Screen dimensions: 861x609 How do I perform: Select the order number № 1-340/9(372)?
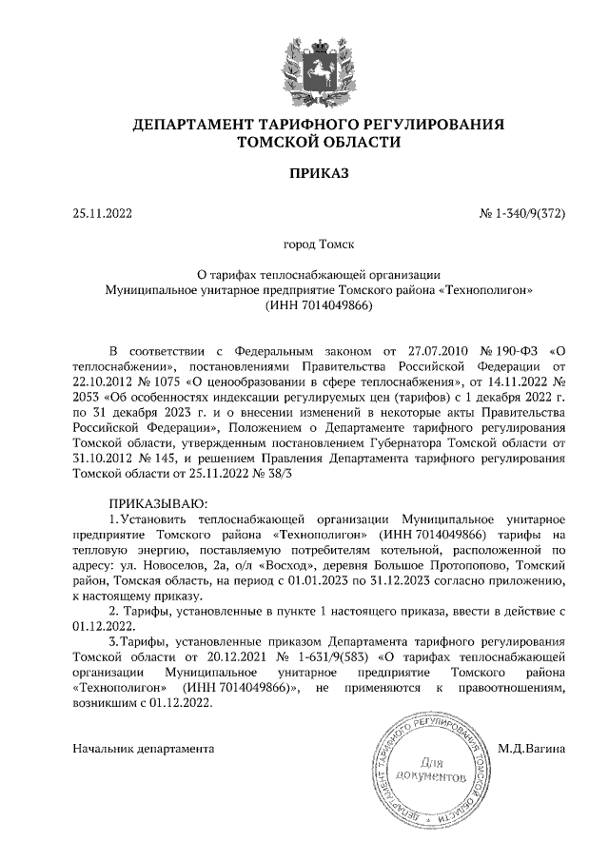pyautogui.click(x=521, y=214)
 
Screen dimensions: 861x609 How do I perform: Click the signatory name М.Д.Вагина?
pyautogui.click(x=532, y=749)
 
